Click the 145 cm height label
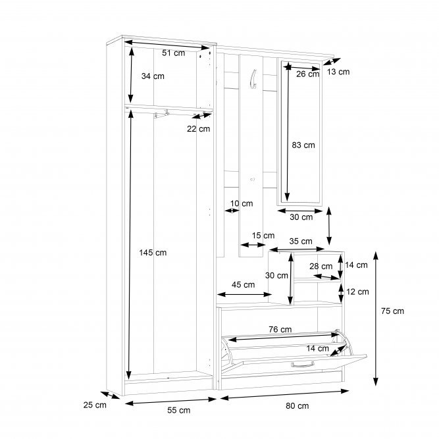[153, 253]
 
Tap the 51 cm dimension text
[174, 53]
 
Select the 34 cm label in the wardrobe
[153, 76]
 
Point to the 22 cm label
[199, 129]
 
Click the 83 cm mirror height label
[303, 145]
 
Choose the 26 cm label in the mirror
[307, 74]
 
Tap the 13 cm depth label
[338, 72]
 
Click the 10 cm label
[242, 203]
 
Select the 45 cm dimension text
[244, 285]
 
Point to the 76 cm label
[280, 330]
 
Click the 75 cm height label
[392, 311]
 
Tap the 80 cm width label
[297, 405]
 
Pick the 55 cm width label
[179, 410]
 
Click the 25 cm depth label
[95, 405]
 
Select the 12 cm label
[358, 292]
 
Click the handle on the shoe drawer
[303, 365]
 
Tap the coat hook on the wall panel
[253, 79]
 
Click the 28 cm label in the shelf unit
[321, 267]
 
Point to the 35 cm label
[301, 241]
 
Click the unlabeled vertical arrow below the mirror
[329, 226]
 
